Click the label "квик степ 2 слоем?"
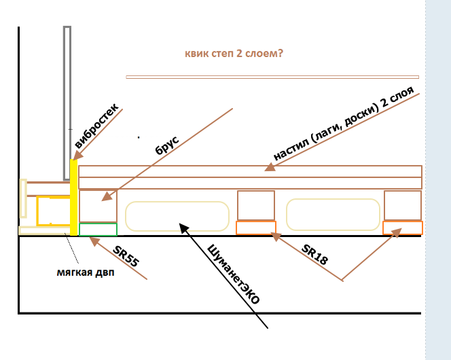(234, 54)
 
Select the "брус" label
(166, 146)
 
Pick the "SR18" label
(314, 253)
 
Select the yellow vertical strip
(73, 197)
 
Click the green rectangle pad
(98, 229)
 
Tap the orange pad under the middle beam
(255, 228)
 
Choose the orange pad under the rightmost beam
(403, 228)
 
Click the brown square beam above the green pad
(98, 205)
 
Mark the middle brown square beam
(256, 206)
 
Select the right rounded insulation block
(333, 215)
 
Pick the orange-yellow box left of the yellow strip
(52, 210)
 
